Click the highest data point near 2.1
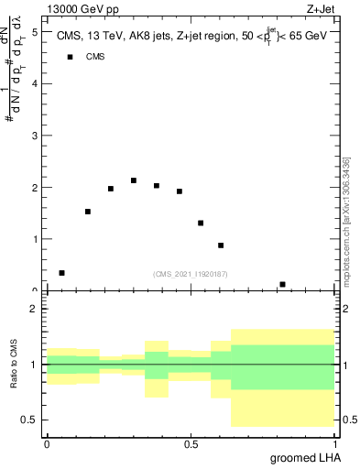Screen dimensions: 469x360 click(x=134, y=180)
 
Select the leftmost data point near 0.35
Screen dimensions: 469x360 click(x=61, y=273)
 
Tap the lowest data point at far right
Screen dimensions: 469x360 click(x=282, y=284)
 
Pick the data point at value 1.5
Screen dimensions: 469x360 click(x=87, y=212)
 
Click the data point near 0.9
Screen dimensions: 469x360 click(x=221, y=245)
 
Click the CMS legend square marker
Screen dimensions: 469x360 click(x=70, y=57)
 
